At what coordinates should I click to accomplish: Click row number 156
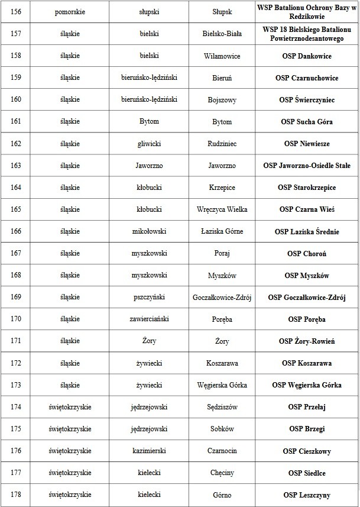(x=16, y=12)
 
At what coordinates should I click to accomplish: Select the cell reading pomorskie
(x=70, y=12)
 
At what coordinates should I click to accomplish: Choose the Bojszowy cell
(x=222, y=100)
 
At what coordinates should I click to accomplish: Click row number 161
(x=16, y=122)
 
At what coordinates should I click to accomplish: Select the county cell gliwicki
(x=148, y=144)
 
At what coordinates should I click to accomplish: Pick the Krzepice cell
(x=222, y=188)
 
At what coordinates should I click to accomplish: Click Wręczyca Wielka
(x=222, y=209)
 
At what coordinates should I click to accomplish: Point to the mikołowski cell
(x=148, y=231)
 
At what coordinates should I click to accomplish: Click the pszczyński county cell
(x=148, y=298)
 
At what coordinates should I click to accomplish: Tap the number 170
(x=16, y=319)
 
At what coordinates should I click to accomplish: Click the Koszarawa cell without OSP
(x=222, y=363)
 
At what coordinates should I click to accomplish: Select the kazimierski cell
(x=148, y=451)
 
